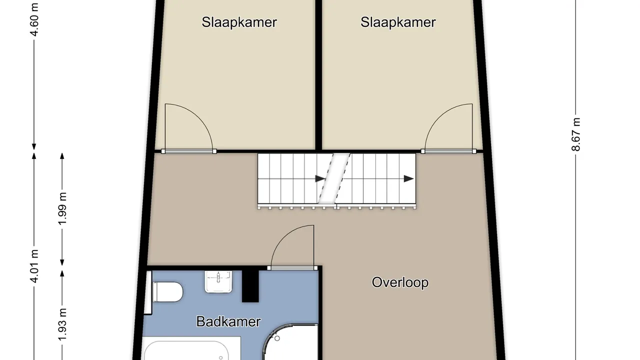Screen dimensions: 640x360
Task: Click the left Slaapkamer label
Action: (x=239, y=22)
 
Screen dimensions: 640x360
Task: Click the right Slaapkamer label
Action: (x=398, y=22)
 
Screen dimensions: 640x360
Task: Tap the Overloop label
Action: (x=400, y=282)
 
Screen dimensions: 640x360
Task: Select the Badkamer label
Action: (x=228, y=321)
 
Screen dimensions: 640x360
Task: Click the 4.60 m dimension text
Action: (x=34, y=19)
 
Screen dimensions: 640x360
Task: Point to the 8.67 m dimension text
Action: (x=575, y=134)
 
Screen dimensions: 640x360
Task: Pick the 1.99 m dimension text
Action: (x=62, y=209)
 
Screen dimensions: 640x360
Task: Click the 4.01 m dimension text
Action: (x=34, y=266)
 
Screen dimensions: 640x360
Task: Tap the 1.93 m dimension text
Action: (x=62, y=324)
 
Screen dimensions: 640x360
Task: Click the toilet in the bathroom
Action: (x=167, y=291)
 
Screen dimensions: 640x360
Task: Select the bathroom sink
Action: (x=218, y=282)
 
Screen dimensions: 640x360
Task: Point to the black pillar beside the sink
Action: (x=250, y=285)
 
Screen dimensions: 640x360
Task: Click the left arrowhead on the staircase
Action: (x=320, y=179)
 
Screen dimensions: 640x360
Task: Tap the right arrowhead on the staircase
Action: (x=408, y=179)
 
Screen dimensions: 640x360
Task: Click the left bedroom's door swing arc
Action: (x=199, y=117)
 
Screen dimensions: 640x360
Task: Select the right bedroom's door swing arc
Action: (x=437, y=117)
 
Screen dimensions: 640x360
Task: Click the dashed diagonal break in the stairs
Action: (x=334, y=178)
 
